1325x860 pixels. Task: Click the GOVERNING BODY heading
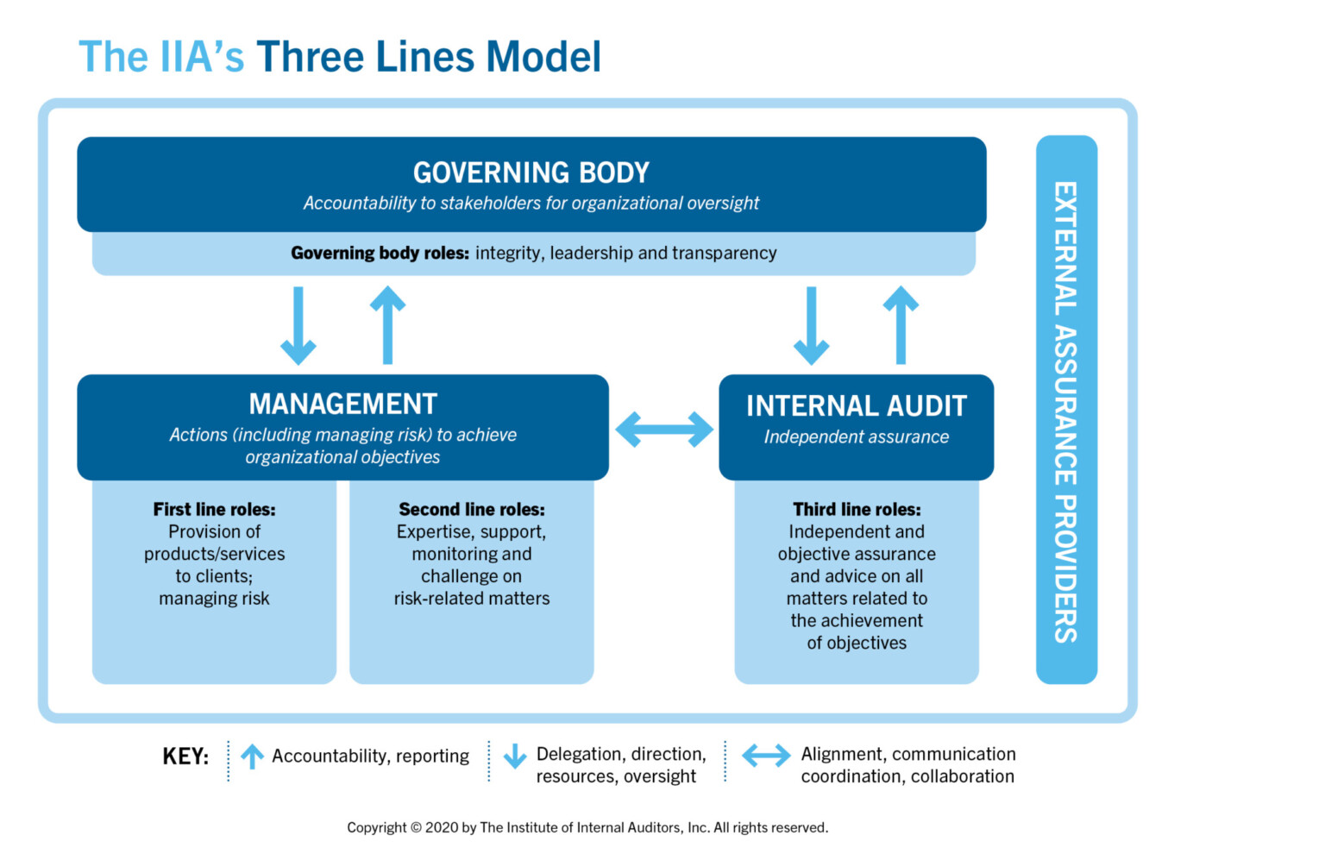[531, 173]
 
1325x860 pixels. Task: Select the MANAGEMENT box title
[342, 404]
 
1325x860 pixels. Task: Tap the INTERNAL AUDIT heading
[856, 406]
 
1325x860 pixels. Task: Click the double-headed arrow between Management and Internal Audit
[663, 429]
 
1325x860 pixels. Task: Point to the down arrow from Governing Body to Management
[298, 326]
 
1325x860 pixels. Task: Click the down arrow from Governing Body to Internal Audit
[811, 326]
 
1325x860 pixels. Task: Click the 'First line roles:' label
[214, 510]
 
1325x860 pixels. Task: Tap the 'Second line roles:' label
[471, 510]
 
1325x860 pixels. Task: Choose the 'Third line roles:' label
[857, 510]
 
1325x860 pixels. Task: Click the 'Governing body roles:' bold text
[380, 253]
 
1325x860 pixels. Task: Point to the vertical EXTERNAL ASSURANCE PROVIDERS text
[1066, 411]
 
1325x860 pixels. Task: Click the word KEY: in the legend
[185, 756]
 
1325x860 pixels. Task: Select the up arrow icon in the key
[252, 756]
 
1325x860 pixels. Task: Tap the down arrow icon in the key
[515, 756]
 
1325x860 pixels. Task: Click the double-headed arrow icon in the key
[766, 756]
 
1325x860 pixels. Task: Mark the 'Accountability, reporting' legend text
[370, 756]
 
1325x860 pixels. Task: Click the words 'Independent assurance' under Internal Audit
[856, 437]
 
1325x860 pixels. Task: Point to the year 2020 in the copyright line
[442, 827]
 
